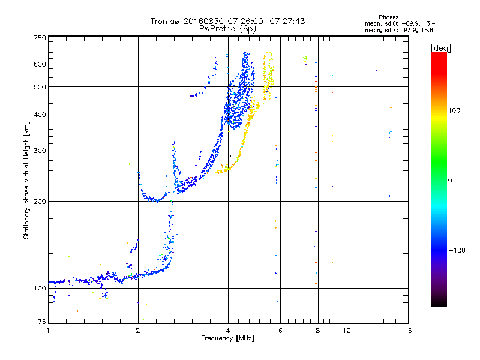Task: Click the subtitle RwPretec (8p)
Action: tap(227, 29)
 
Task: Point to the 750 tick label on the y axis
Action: tap(40, 38)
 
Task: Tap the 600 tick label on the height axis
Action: tap(40, 64)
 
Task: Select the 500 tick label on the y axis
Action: tap(40, 87)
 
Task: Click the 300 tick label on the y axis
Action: tap(40, 151)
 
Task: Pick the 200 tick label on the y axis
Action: tap(40, 202)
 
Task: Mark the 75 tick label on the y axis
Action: tap(42, 322)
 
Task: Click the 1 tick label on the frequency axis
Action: tap(48, 331)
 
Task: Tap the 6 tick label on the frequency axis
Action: tap(280, 331)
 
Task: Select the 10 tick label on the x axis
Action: tap(347, 331)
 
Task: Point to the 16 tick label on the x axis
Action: tap(408, 331)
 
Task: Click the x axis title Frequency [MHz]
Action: tap(227, 338)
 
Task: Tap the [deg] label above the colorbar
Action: tap(440, 48)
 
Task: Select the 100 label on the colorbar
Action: tap(454, 110)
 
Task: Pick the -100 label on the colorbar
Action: tap(457, 250)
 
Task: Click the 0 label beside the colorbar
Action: tap(450, 181)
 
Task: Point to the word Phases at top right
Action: tap(388, 17)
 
